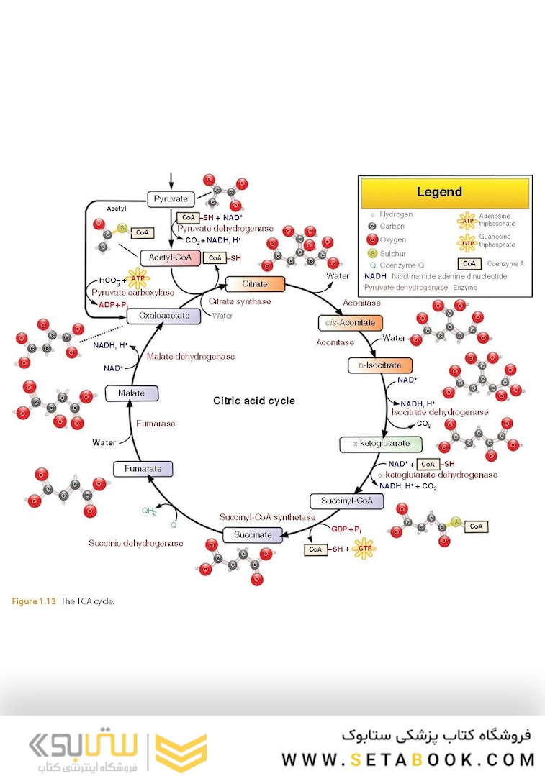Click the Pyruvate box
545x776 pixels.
[x=171, y=199]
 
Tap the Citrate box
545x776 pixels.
[x=256, y=284]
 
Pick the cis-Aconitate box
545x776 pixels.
[x=351, y=323]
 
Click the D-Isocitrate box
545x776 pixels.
[x=380, y=365]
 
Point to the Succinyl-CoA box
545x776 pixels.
[x=341, y=501]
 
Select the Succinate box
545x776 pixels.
[x=253, y=534]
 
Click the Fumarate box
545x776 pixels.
[x=143, y=469]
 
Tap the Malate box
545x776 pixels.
[x=132, y=393]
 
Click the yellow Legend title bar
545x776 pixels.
[x=445, y=193]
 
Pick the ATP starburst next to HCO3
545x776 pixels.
[x=137, y=278]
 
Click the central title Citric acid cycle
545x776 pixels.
[x=254, y=401]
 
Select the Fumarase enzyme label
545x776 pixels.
[x=156, y=424]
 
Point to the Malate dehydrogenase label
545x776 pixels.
[x=190, y=356]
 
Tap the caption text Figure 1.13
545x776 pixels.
[x=34, y=601]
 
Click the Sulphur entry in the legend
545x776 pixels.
[x=392, y=253]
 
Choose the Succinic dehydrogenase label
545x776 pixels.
[x=135, y=543]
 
